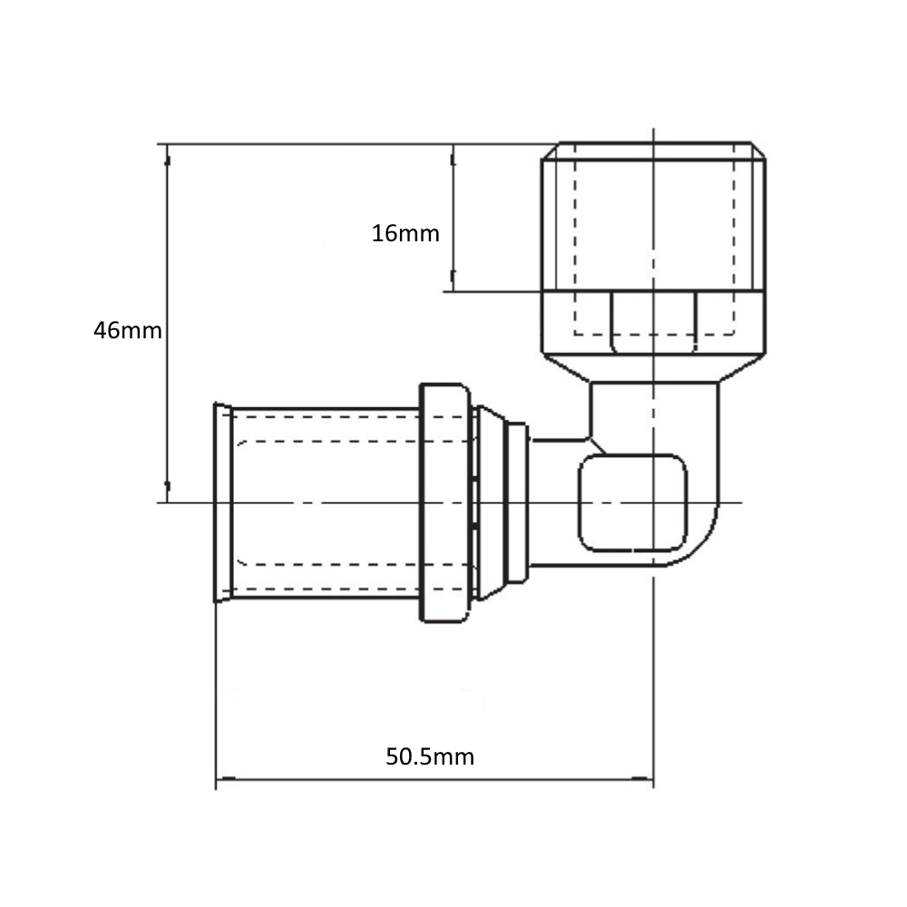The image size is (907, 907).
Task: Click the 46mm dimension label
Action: [x=128, y=331]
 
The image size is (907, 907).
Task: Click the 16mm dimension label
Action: [x=405, y=234]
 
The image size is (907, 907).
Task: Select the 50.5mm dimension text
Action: [x=430, y=756]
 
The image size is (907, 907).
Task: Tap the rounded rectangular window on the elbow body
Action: [x=633, y=502]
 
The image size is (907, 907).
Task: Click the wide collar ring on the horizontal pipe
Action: [x=444, y=502]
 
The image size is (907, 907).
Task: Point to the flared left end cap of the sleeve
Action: [x=223, y=502]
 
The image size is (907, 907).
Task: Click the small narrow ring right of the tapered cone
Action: [x=517, y=502]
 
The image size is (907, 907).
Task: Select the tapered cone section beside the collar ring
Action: [x=491, y=502]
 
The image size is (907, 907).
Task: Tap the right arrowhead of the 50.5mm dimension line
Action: [x=643, y=778]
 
